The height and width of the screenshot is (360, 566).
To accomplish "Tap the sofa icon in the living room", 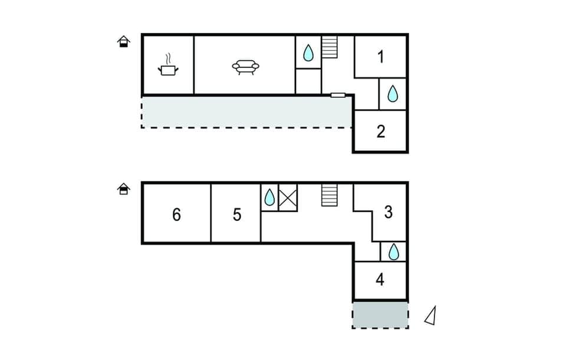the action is point(245,67).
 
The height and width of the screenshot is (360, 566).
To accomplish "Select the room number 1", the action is point(381,57).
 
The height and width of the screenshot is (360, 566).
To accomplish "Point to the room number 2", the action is point(381,131).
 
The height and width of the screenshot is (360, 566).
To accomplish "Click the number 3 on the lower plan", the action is point(388,212).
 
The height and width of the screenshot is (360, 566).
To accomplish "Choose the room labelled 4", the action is point(380,279).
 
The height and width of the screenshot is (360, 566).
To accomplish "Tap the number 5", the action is point(237,215).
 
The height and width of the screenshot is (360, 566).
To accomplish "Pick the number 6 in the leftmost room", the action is point(176,215).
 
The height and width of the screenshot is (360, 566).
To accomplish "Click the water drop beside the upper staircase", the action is point(308,54).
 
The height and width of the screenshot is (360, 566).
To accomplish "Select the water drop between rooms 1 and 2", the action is point(393,93).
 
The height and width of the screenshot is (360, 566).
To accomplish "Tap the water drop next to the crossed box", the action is point(269,197).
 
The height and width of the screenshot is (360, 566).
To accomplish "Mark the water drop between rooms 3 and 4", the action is point(393,252).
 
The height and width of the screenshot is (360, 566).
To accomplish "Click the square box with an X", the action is point(288,197).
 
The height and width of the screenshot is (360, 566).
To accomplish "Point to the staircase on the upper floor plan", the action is point(330,47).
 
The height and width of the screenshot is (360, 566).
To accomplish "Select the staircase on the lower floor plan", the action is point(330,195).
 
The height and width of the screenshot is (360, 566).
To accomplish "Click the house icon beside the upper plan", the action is point(123,42).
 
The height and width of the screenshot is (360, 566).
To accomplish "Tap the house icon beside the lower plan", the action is point(123,189).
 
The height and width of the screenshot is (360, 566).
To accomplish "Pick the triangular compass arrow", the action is point(431,316).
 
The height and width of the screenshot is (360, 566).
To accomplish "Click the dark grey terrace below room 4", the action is point(380,315).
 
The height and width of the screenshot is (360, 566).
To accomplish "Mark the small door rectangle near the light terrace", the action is point(338,95).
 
